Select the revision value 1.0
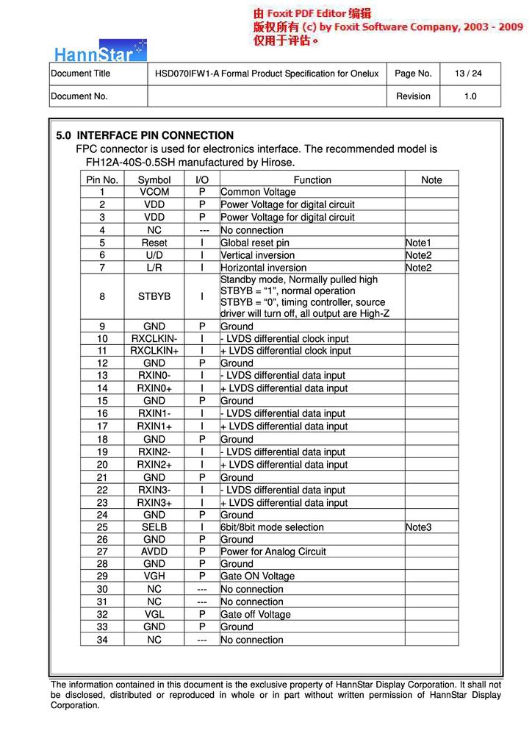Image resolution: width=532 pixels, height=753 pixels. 470,96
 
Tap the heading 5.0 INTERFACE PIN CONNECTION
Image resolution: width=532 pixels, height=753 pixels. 145,135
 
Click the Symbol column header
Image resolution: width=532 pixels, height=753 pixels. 154,180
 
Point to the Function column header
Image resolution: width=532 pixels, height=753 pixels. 312,180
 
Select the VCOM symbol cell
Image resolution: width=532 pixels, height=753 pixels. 154,192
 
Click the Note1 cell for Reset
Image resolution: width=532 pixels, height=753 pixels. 418,243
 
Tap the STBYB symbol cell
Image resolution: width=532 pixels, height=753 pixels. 154,296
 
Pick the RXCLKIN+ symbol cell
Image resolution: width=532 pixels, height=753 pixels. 154,351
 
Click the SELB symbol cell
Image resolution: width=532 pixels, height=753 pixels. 154,527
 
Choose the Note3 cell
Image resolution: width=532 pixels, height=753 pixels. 418,527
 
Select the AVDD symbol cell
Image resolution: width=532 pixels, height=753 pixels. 154,552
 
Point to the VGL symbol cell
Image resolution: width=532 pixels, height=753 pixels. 154,615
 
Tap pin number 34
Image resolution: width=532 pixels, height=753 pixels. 102,640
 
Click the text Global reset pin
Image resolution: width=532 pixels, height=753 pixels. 255,243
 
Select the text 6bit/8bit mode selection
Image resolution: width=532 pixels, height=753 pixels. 272,527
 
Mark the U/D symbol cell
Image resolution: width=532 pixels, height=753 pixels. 154,255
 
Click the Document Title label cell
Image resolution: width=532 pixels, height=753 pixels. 81,74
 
